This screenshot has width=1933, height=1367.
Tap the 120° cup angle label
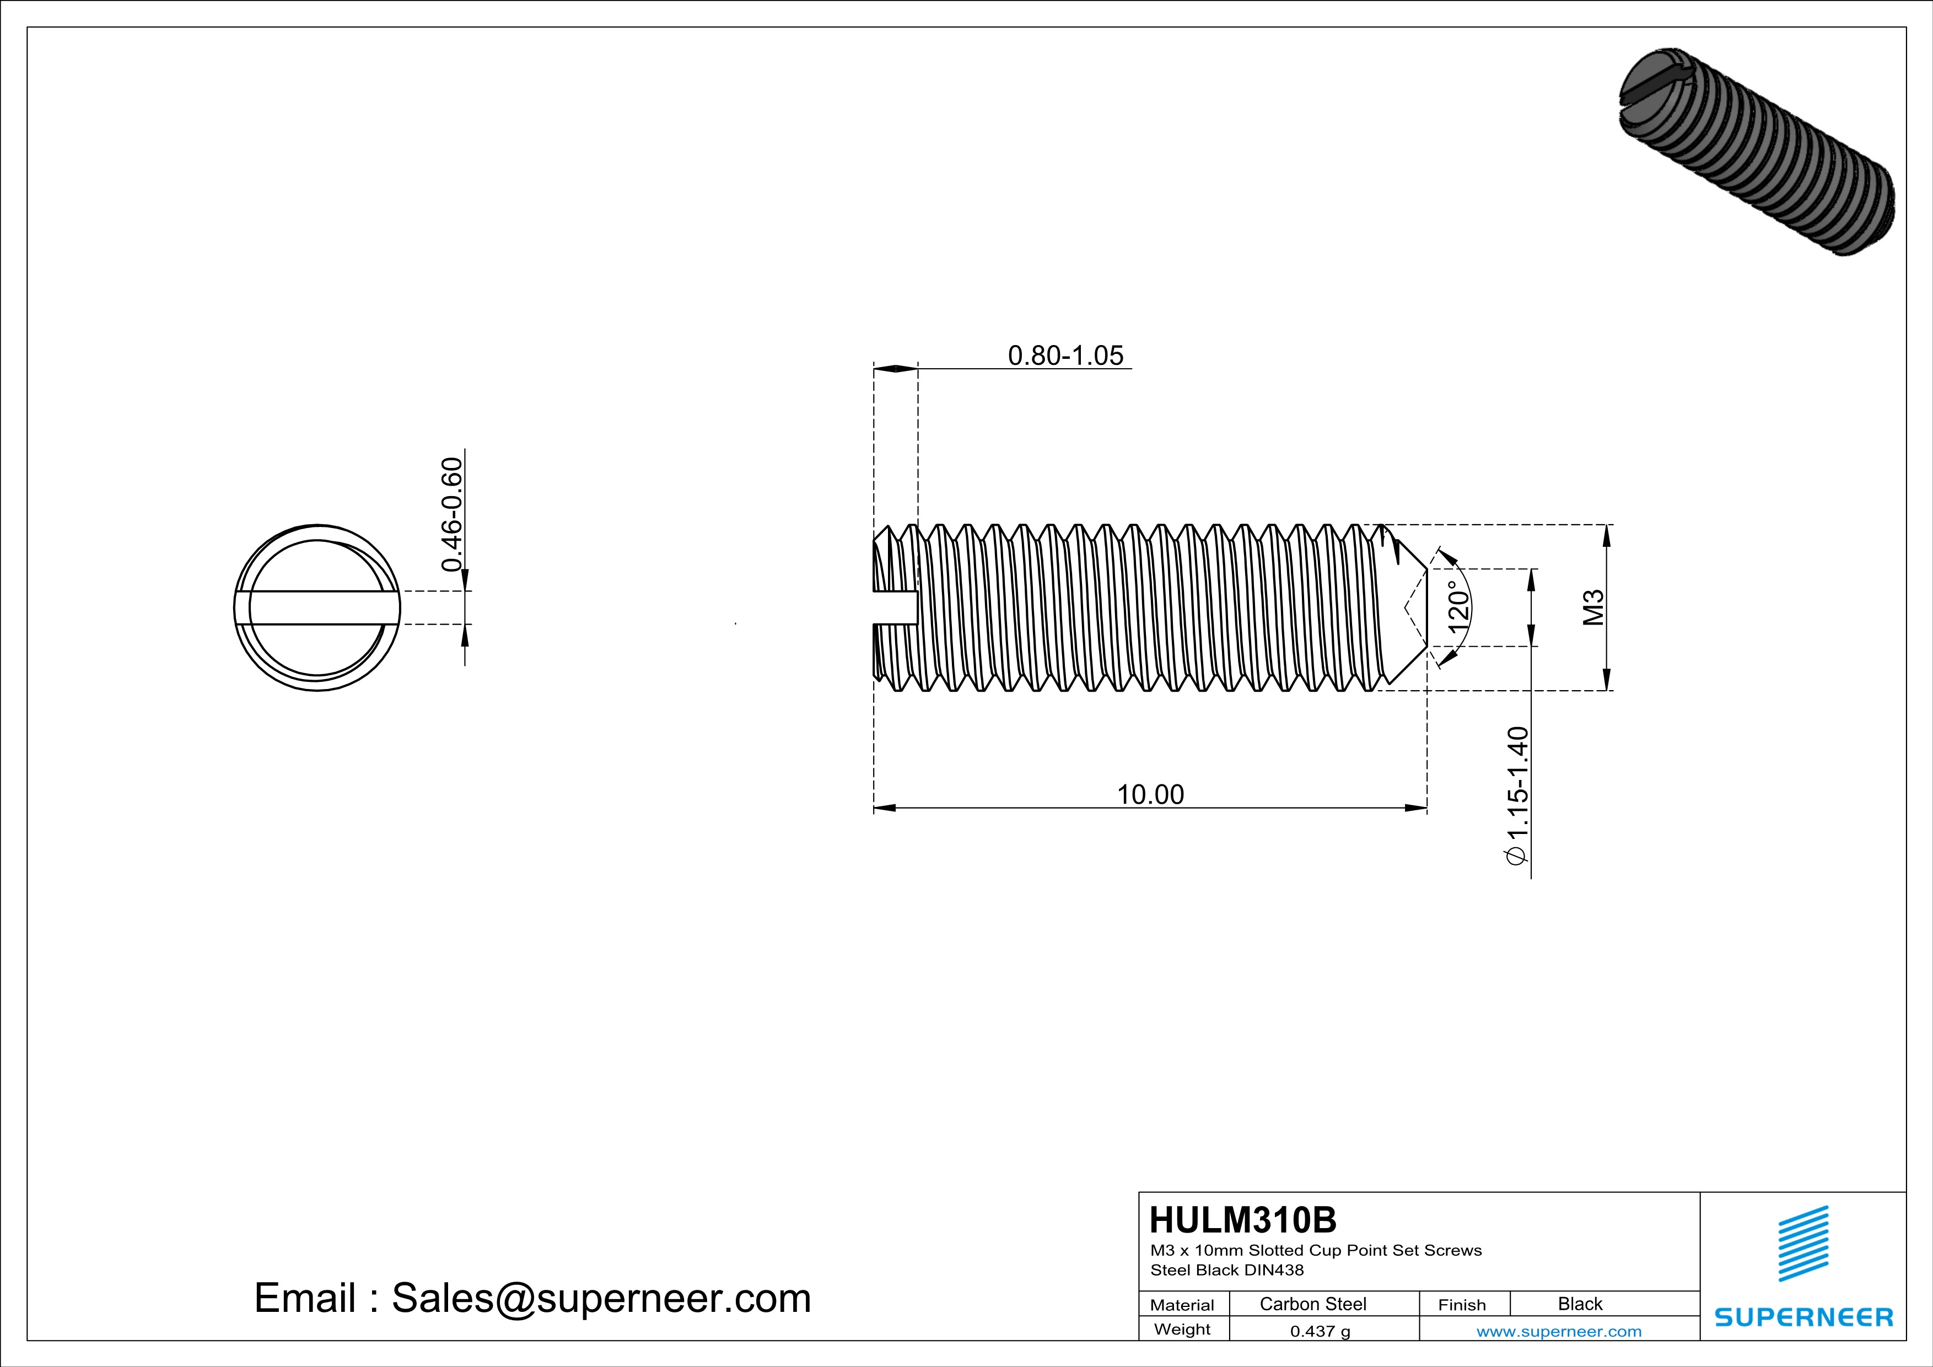pos(1458,607)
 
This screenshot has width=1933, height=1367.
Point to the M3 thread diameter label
pos(1593,608)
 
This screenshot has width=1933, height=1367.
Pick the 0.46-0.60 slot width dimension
pos(452,514)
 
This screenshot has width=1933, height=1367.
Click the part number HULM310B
pos(1242,1220)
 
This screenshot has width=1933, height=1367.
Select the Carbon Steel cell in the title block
pos(1312,1304)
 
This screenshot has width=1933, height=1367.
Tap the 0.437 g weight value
pos(1320,1331)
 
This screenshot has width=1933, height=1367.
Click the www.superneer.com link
pos(1558,1331)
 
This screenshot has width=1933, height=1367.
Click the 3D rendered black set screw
pos(1756,152)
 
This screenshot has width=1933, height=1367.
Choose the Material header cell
pos(1182,1305)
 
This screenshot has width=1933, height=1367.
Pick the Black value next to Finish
pos(1579,1304)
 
